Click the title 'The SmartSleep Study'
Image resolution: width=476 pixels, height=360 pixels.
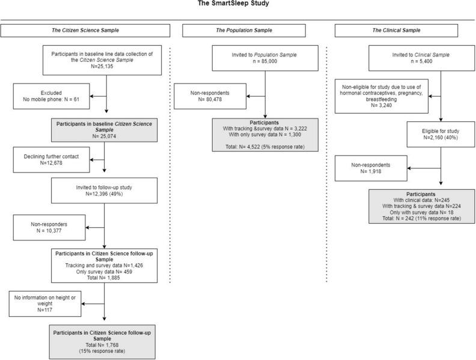pos(237,4)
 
